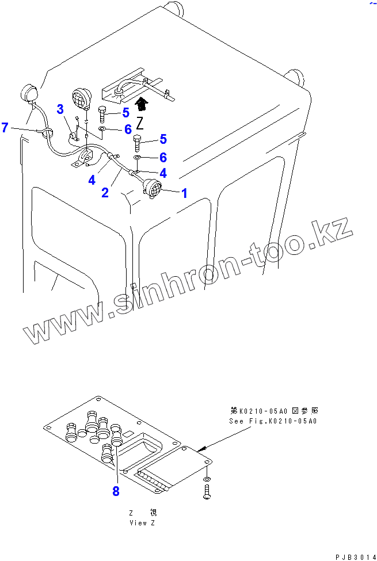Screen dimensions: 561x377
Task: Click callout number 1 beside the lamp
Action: [184, 193]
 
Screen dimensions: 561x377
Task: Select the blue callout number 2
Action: [105, 193]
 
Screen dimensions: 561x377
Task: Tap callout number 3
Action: [60, 109]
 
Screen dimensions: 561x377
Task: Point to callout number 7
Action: [5, 127]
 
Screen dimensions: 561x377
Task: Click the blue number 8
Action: [116, 491]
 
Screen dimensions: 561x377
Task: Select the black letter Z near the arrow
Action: [139, 123]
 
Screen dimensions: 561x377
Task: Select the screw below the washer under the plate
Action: [207, 491]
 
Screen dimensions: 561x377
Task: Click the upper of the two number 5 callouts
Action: [125, 113]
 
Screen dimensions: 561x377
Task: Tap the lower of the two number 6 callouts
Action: [163, 157]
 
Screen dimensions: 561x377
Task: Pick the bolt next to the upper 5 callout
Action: [102, 114]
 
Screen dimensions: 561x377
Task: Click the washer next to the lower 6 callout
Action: [138, 158]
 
